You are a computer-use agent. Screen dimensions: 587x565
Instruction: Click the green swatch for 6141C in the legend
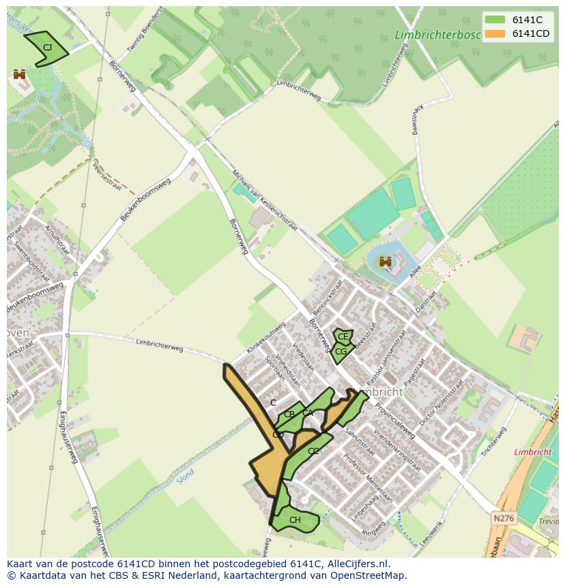(x=495, y=20)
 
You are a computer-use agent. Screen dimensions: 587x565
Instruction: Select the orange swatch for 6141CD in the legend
(x=495, y=33)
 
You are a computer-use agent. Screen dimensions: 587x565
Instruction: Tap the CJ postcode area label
(x=47, y=47)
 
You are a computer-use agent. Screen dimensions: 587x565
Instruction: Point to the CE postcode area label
(x=343, y=337)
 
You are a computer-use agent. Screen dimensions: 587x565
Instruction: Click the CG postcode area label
(x=341, y=352)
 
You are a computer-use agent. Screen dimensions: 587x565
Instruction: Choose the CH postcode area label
(x=295, y=520)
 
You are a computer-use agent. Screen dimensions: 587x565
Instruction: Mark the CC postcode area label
(x=313, y=451)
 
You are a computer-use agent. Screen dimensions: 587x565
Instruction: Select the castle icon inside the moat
(x=386, y=260)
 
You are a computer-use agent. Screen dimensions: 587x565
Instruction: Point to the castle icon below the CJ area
(x=19, y=74)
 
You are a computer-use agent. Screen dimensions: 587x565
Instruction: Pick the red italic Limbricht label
(x=532, y=452)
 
